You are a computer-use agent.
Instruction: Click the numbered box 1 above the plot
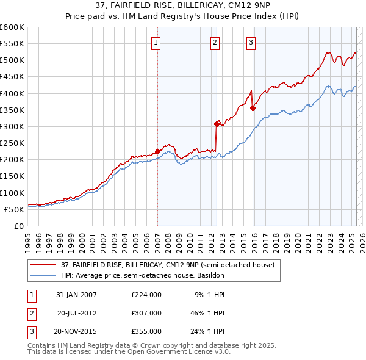click(157, 42)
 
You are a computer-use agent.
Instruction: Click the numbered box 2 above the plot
click(216, 42)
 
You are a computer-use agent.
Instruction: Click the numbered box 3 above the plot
click(251, 42)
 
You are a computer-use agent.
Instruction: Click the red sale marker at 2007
click(157, 151)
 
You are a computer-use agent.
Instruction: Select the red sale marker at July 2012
click(217, 124)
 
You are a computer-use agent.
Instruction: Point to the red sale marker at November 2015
click(253, 108)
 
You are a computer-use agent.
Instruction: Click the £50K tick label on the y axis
click(15, 209)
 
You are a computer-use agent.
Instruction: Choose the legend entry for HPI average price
click(142, 275)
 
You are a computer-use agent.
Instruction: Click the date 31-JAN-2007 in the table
click(76, 295)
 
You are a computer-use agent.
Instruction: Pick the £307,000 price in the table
click(146, 312)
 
